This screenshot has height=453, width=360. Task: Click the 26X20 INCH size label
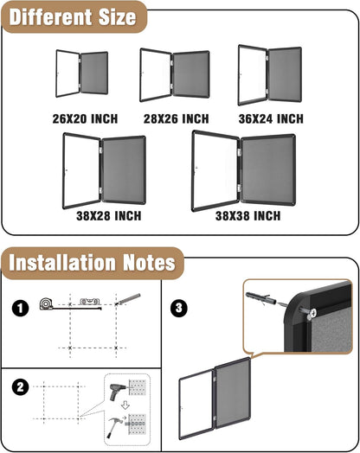pyautogui.click(x=85, y=118)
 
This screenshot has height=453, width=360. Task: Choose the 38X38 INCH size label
pyautogui.click(x=248, y=214)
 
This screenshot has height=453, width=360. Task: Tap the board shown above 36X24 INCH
pyautogui.click(x=270, y=76)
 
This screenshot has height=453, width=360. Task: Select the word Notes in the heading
pyautogui.click(x=140, y=261)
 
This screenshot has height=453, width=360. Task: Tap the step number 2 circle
pyautogui.click(x=19, y=387)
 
